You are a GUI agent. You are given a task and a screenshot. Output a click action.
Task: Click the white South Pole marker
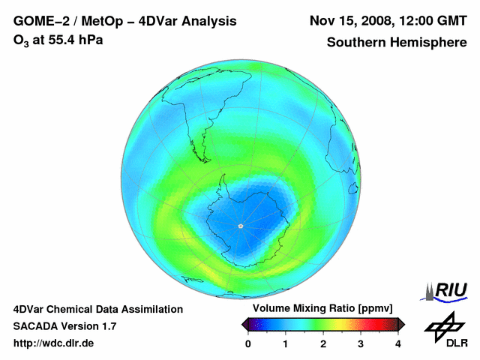click(240, 226)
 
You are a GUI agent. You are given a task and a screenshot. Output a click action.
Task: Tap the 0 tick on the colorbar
click(248, 343)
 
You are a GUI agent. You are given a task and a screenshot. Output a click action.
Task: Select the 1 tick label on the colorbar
click(286, 343)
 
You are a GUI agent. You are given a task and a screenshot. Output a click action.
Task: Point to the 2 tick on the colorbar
click(323, 343)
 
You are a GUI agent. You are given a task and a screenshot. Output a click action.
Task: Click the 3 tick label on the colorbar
click(361, 343)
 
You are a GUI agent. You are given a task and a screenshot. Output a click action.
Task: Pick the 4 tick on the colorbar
click(398, 343)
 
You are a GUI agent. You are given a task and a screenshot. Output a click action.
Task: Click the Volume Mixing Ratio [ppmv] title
click(318, 309)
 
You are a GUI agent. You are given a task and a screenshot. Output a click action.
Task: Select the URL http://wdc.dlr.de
click(54, 343)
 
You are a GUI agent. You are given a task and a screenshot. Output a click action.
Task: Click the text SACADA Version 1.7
click(64, 326)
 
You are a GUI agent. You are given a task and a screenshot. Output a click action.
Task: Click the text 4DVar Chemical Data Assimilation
click(98, 309)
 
